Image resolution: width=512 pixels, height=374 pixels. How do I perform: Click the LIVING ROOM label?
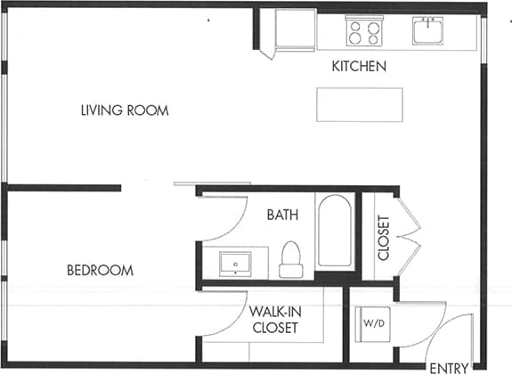(125, 110)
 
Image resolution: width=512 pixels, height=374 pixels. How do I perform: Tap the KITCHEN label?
(358, 67)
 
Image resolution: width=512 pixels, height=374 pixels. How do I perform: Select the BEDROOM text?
(100, 270)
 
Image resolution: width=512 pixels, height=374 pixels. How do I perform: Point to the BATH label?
(282, 215)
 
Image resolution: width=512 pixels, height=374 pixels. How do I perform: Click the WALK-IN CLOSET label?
(274, 320)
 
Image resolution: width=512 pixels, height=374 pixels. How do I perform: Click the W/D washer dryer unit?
(370, 322)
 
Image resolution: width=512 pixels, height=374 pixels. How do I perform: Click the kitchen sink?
(430, 31)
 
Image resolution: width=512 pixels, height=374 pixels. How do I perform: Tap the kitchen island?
(358, 104)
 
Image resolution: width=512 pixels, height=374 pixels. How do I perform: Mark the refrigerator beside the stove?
(295, 30)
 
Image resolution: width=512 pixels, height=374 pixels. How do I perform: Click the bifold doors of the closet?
(406, 236)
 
